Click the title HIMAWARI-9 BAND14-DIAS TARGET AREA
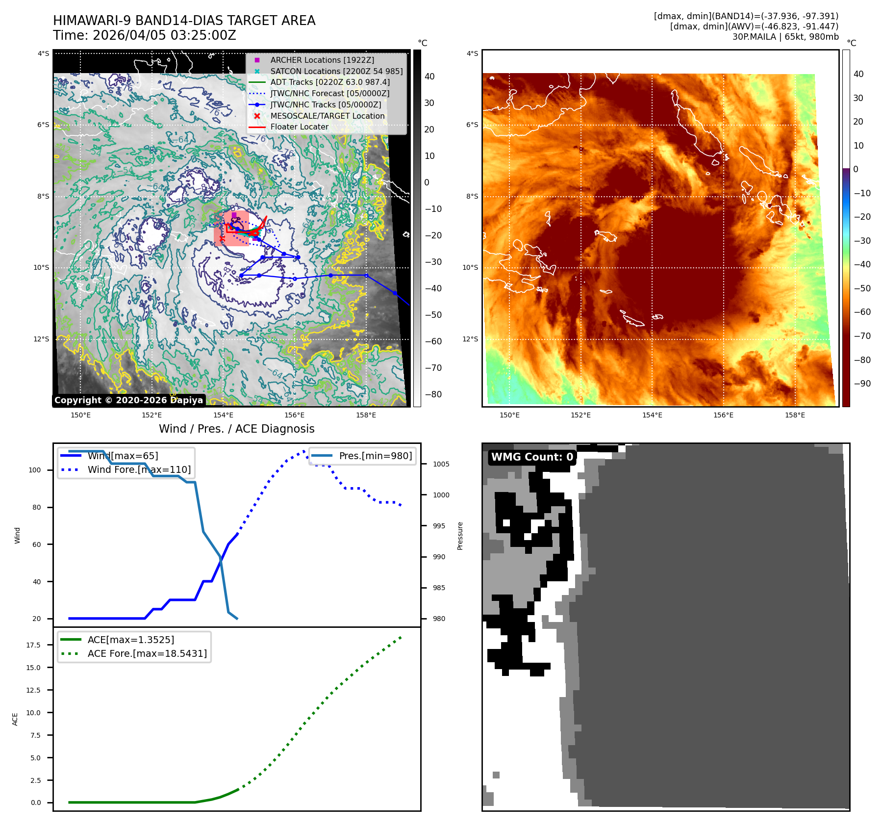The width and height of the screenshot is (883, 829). pos(184,21)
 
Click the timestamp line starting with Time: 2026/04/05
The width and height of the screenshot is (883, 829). pos(145,36)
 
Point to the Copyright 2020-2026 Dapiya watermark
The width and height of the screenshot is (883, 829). pos(128,400)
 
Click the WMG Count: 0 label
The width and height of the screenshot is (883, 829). pos(532,457)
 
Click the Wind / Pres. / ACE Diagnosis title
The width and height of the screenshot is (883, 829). pos(236,429)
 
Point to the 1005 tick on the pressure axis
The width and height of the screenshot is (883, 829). pos(441,464)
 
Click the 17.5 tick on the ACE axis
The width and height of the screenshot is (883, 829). pos(33,645)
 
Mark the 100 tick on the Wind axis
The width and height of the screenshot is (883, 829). pos(35,470)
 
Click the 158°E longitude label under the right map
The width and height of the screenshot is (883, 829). pos(794,415)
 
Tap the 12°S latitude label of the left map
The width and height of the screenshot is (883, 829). pos(41,339)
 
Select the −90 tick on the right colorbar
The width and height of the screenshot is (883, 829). pos(862,384)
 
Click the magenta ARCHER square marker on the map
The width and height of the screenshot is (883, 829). pos(234,215)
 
